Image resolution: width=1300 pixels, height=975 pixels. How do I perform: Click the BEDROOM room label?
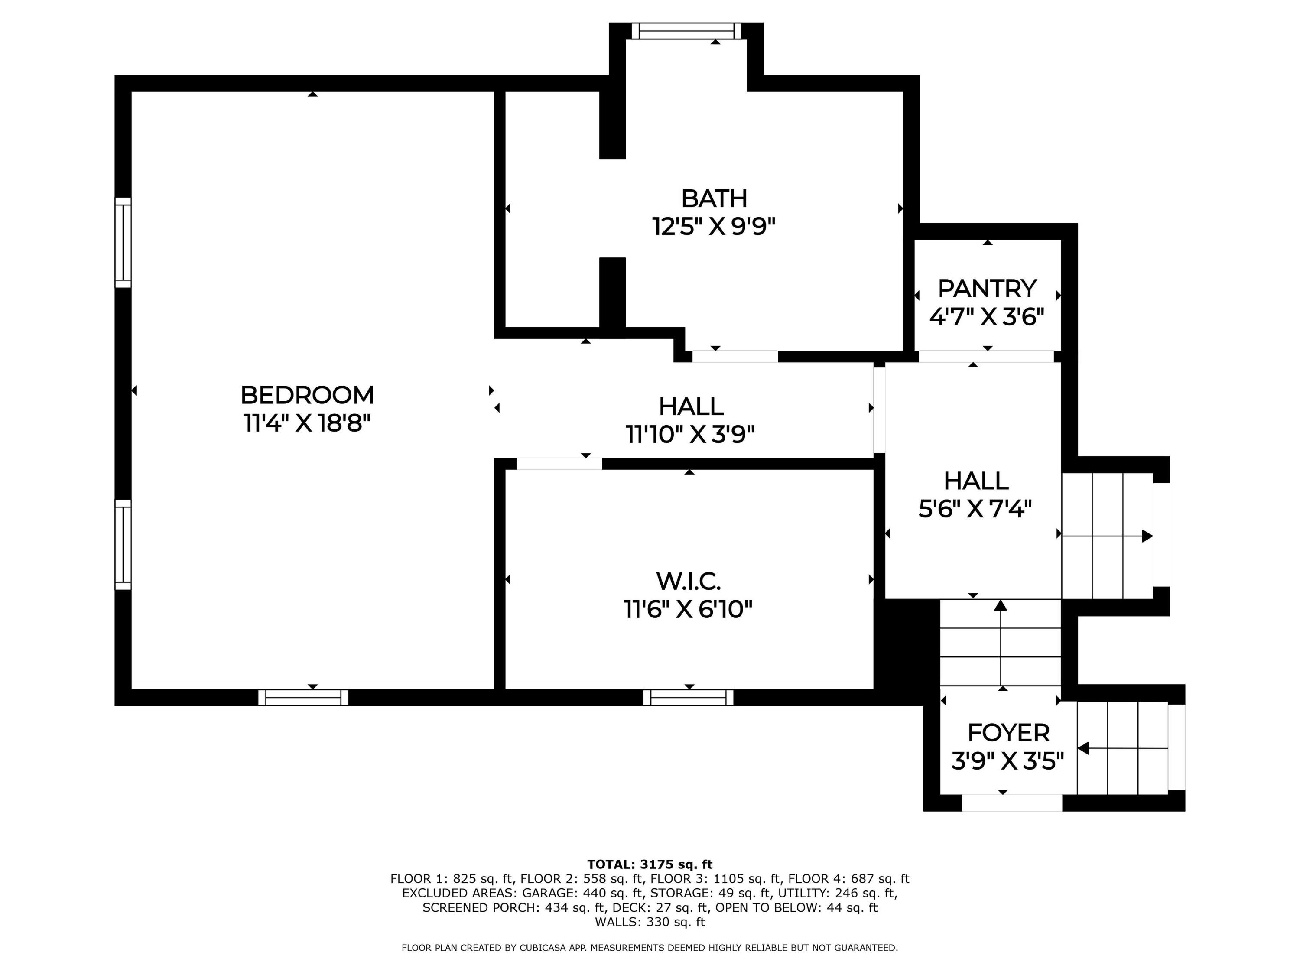(x=307, y=395)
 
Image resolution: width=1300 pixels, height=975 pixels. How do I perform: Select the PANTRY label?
(x=987, y=289)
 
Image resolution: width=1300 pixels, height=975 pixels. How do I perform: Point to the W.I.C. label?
(x=688, y=581)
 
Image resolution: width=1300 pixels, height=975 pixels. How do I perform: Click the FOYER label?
(x=1008, y=733)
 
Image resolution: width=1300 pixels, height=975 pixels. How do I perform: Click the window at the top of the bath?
(x=686, y=31)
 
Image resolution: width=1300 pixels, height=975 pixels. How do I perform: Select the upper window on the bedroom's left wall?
(x=123, y=243)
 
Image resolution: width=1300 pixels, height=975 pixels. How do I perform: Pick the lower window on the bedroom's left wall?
(x=123, y=545)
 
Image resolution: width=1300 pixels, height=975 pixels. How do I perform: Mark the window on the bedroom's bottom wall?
(x=303, y=698)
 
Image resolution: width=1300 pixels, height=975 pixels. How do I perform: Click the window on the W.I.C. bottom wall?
(x=688, y=698)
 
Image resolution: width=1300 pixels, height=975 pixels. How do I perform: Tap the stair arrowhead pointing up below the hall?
(x=1000, y=605)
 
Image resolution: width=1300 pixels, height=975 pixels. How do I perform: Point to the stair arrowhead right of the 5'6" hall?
(x=1147, y=536)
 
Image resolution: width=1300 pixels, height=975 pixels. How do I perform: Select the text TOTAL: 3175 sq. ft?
(x=650, y=864)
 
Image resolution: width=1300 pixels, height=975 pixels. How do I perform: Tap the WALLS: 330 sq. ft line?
(x=650, y=922)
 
